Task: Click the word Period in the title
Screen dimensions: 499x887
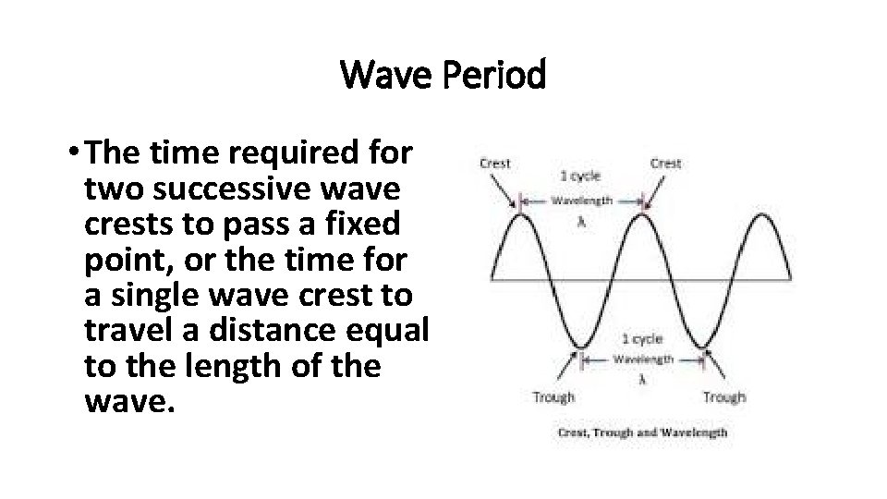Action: tap(497, 75)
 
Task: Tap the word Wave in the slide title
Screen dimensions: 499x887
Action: tap(389, 75)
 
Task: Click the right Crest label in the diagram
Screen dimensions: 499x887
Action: tap(665, 164)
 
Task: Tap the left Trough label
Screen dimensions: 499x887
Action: tap(553, 397)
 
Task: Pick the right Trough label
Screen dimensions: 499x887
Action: tap(723, 397)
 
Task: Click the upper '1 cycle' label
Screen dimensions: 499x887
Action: tap(580, 176)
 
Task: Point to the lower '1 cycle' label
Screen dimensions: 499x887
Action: tap(641, 338)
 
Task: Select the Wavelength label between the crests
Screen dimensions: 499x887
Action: tap(581, 200)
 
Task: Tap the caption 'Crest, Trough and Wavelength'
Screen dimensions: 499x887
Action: tap(641, 432)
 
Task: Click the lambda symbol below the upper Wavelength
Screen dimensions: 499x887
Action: tap(580, 221)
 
